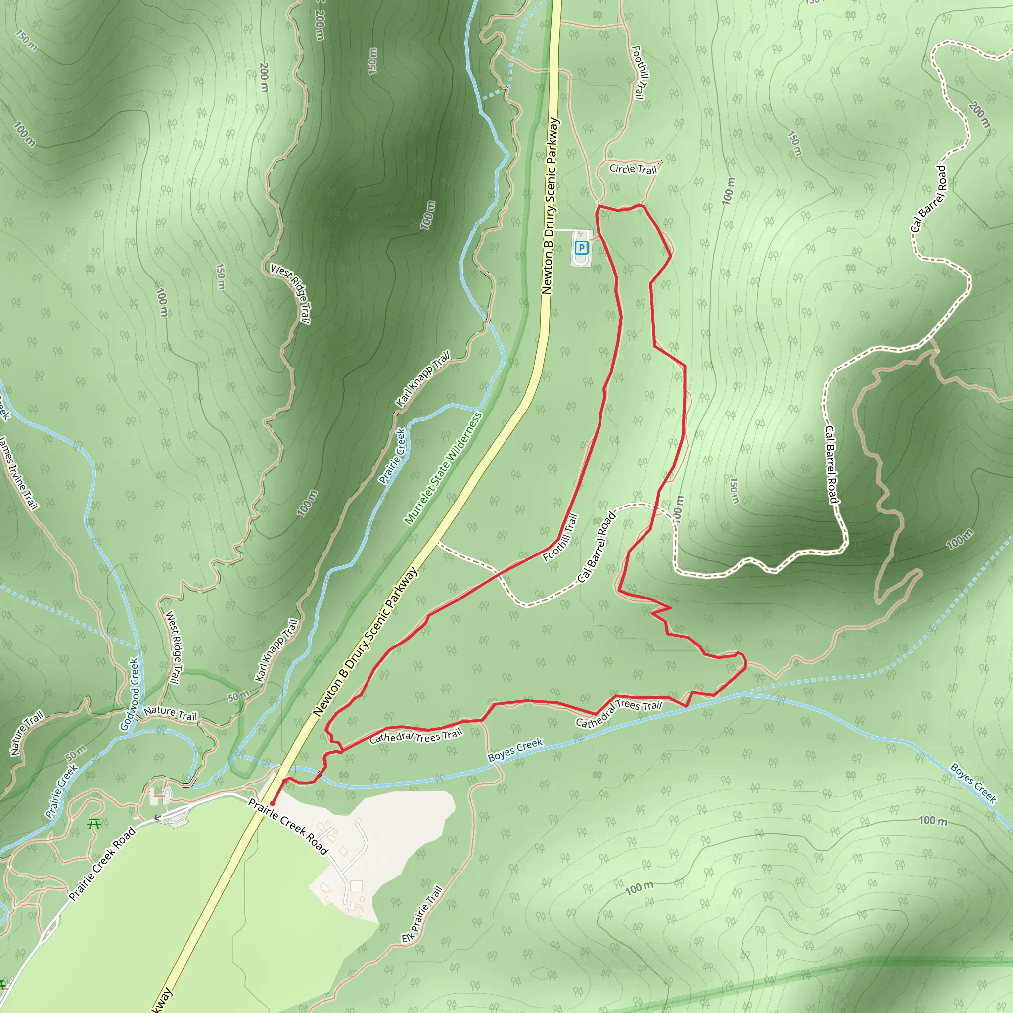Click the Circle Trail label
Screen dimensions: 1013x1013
point(633,169)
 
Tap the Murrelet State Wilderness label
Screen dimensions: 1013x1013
point(443,468)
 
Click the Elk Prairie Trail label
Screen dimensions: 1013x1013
point(422,915)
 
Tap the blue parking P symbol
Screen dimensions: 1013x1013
point(581,247)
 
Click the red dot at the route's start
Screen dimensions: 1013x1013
point(273,803)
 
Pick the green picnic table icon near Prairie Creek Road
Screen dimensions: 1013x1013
point(94,824)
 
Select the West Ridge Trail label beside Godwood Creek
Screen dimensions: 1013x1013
point(174,647)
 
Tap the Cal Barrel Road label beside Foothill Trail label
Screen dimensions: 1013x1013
point(596,548)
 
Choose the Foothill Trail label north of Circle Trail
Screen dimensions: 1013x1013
point(640,72)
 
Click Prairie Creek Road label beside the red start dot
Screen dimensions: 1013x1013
point(288,827)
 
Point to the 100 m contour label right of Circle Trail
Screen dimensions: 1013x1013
point(728,190)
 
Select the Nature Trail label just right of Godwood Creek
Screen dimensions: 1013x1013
point(171,713)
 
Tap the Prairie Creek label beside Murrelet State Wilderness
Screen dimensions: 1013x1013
point(393,456)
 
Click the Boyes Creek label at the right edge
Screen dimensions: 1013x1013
point(973,783)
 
